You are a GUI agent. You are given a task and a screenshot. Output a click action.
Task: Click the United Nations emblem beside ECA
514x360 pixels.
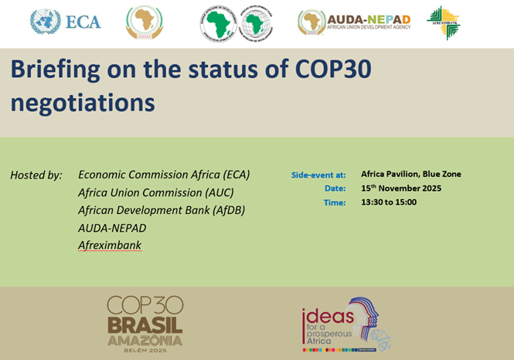[x=46, y=22]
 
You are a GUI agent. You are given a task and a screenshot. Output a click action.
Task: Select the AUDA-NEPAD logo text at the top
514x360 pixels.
[x=369, y=19]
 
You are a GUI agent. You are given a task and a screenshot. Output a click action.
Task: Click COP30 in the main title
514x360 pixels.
[x=331, y=70]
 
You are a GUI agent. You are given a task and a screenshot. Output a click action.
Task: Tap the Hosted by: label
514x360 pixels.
[x=36, y=175]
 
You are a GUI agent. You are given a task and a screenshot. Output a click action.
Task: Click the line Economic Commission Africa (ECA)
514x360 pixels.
[x=164, y=175]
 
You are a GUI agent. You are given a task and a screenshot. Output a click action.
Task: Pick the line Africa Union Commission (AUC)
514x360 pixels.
[x=155, y=192]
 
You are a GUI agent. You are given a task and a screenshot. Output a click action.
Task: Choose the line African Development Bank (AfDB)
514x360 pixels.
[x=162, y=210]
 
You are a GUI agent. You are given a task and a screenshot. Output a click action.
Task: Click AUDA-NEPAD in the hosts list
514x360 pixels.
[x=112, y=228]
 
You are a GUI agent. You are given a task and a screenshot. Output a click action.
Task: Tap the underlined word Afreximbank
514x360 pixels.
[x=109, y=246]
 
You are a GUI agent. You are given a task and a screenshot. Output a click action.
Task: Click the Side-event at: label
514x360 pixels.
[x=318, y=175]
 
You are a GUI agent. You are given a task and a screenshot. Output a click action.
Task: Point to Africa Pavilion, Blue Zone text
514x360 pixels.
[x=410, y=174]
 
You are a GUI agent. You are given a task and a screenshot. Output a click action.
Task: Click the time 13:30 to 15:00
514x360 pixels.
[x=389, y=202]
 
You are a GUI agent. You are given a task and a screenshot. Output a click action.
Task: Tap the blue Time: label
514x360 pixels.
[x=334, y=203]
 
